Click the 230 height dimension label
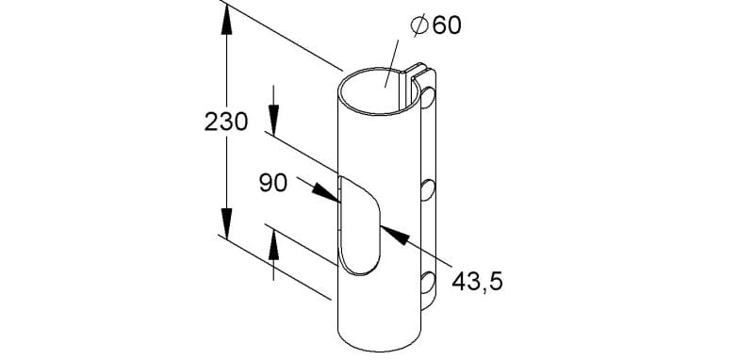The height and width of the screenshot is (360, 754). [226, 123]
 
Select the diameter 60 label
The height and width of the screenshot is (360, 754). [436, 25]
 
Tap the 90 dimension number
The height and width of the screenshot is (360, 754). [273, 183]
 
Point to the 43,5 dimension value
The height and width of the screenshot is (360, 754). [477, 282]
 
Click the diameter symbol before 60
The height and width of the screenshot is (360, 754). [419, 25]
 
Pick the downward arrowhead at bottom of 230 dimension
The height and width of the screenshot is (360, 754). [226, 223]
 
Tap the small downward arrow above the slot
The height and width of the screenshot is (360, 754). [273, 122]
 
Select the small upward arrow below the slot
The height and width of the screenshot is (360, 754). [273, 246]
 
